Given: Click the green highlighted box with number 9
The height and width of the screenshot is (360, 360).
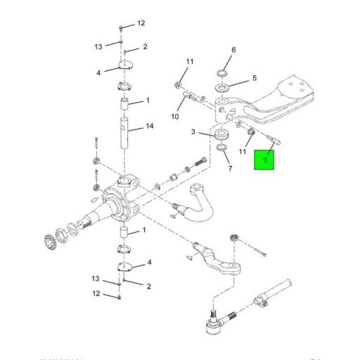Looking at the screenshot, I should [265, 160].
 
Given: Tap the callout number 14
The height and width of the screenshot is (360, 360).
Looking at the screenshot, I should [149, 127].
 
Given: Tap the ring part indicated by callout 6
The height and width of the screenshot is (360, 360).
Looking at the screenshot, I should [223, 74].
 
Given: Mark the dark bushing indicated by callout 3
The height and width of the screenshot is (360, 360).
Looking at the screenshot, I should [223, 134].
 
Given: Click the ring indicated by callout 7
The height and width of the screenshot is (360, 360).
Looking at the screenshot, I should [223, 148].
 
